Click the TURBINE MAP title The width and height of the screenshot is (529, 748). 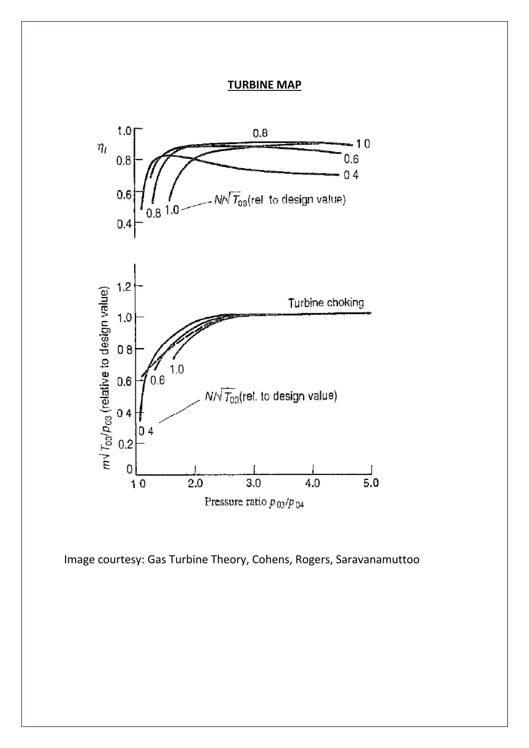264,85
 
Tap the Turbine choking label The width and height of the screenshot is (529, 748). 326,303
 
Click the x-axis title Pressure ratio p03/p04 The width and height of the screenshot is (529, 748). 254,502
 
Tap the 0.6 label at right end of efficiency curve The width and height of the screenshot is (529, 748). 351,159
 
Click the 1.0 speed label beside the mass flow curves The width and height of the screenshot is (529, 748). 177,369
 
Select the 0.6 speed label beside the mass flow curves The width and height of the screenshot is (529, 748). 158,380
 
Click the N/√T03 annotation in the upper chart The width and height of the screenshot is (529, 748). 279,200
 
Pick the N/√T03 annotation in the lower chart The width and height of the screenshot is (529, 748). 271,396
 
